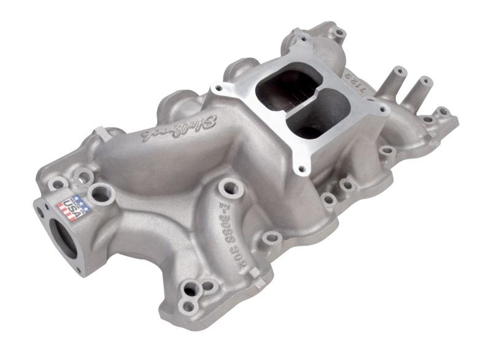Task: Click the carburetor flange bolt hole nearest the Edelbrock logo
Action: (x=215, y=90)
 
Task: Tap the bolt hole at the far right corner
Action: (x=443, y=112)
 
